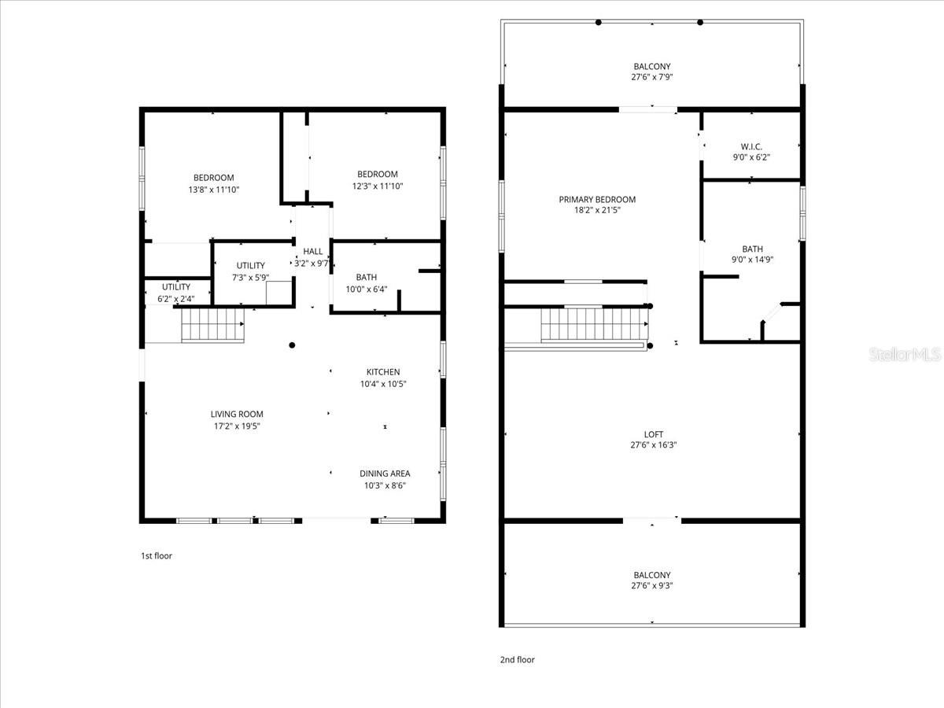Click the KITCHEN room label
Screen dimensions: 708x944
383,372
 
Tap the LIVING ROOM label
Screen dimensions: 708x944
237,414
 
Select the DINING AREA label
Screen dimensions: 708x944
385,474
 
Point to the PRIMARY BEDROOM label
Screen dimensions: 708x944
597,200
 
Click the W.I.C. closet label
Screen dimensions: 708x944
751,146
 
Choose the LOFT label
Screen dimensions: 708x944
653,434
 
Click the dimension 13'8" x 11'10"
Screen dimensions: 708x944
214,190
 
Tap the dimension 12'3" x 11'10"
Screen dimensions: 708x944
378,186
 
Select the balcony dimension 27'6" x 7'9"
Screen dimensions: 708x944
652,77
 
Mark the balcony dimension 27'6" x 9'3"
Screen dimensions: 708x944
652,585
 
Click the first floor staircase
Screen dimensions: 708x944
212,325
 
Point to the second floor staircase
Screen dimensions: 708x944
593,324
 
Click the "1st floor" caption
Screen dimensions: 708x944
156,556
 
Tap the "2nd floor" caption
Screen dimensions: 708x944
517,660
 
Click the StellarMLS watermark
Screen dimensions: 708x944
904,355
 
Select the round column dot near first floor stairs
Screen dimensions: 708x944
292,345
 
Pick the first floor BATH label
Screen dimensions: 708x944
366,277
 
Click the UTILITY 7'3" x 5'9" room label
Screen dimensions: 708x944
251,266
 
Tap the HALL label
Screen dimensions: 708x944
313,252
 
